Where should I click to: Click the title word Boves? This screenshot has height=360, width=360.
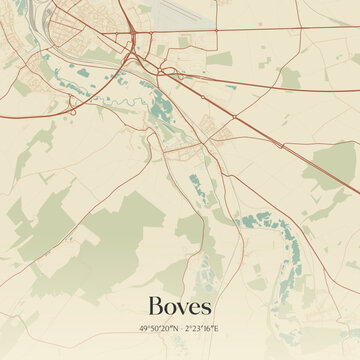pyautogui.click(x=180, y=306)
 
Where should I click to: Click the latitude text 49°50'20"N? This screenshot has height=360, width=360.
pyautogui.click(x=159, y=328)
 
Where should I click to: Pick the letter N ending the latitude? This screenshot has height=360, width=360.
pyautogui.click(x=175, y=328)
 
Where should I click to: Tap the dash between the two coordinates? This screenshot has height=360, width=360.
pyautogui.click(x=181, y=328)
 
